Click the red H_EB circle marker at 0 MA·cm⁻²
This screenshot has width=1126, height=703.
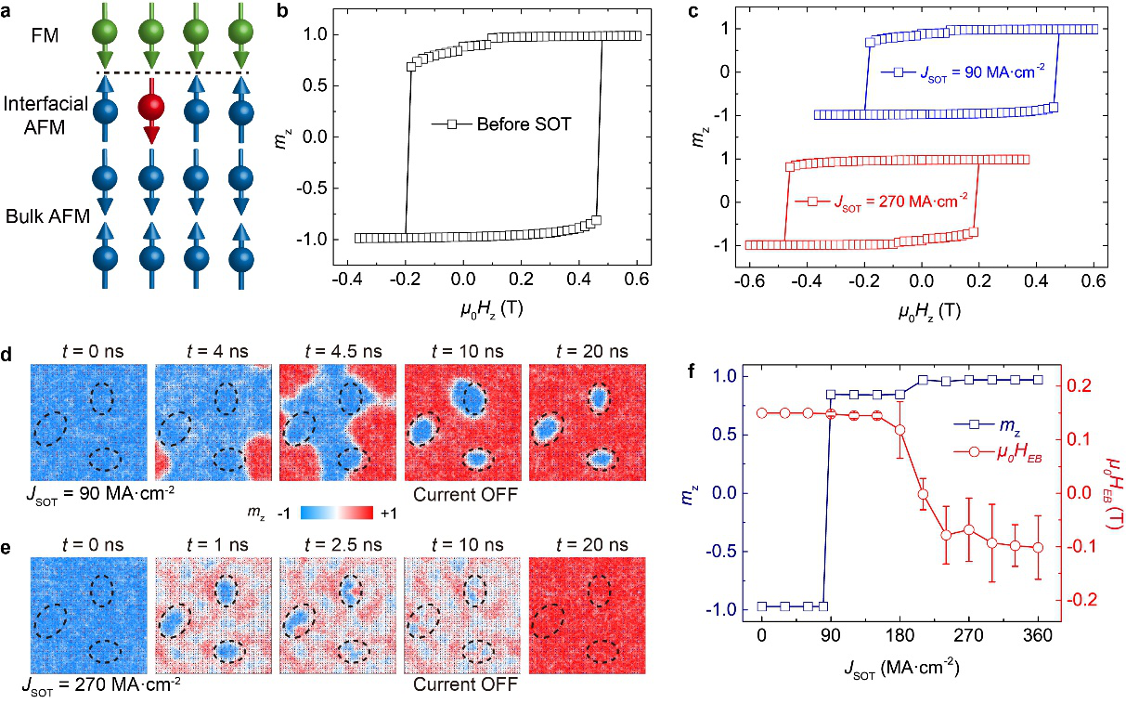coord(761,413)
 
